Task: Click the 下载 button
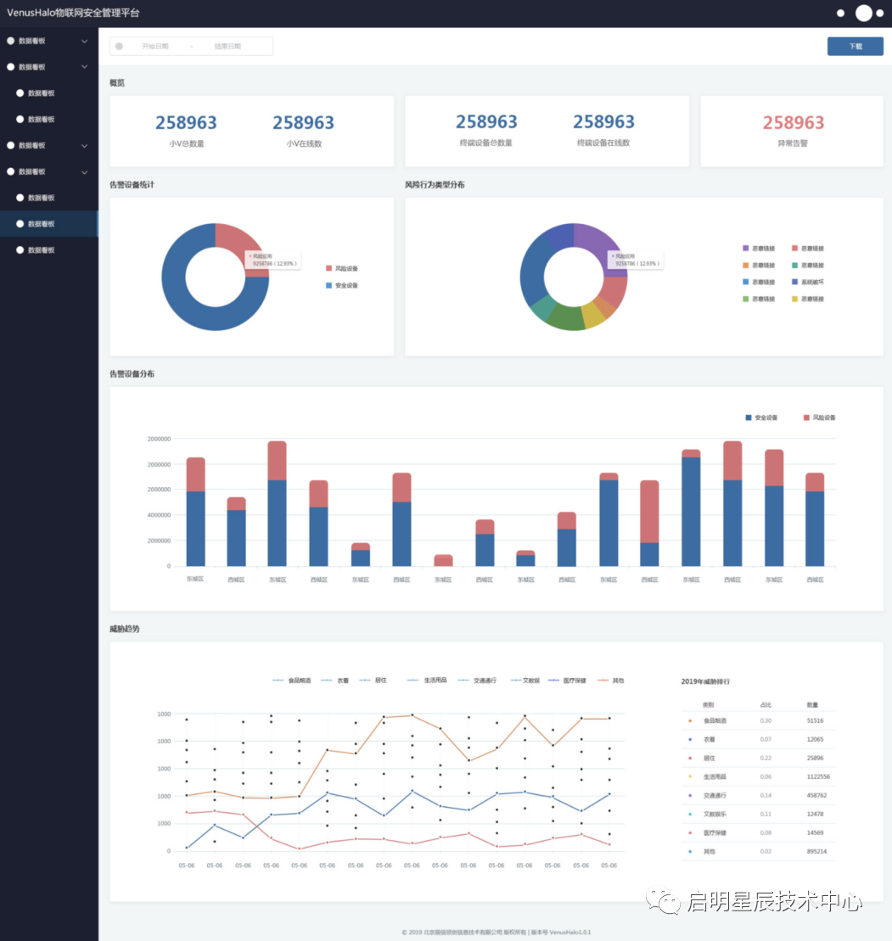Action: click(855, 47)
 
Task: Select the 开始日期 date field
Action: click(154, 47)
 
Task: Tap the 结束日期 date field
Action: click(227, 47)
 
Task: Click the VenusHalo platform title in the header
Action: click(74, 14)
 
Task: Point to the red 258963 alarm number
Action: click(793, 123)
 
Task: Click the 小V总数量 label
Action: click(186, 143)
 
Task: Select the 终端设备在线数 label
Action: click(603, 143)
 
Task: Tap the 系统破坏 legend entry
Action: click(812, 282)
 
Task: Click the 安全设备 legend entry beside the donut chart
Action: click(346, 285)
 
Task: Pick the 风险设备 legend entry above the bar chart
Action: click(823, 417)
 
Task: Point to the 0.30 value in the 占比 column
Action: click(766, 720)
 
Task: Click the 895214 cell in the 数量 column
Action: click(816, 851)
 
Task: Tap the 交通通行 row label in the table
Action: click(715, 795)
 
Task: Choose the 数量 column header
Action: click(812, 705)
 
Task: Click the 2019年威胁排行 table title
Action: click(705, 681)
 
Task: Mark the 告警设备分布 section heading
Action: click(132, 374)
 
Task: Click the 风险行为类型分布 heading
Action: click(435, 185)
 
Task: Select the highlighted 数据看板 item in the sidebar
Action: click(41, 224)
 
